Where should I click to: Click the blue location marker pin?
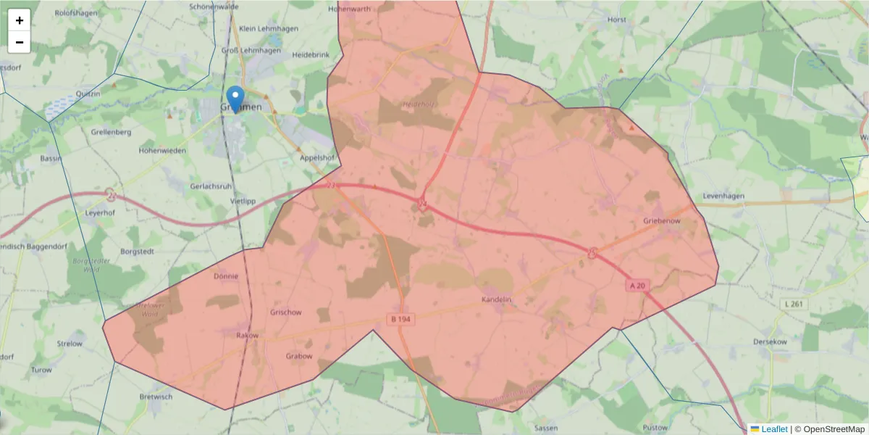pos(235,99)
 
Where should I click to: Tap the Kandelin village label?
pos(497,299)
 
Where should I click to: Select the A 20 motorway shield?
pos(637,286)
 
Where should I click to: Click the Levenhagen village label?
pos(725,196)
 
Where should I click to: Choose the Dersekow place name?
pos(770,341)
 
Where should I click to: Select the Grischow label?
pos(285,312)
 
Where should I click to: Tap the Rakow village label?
pos(247,336)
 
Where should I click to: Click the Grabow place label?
pos(299,356)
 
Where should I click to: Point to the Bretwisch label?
pos(156,397)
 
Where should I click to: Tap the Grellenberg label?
pos(112,132)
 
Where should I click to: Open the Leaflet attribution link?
pos(774,429)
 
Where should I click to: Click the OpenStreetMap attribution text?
pos(830,429)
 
